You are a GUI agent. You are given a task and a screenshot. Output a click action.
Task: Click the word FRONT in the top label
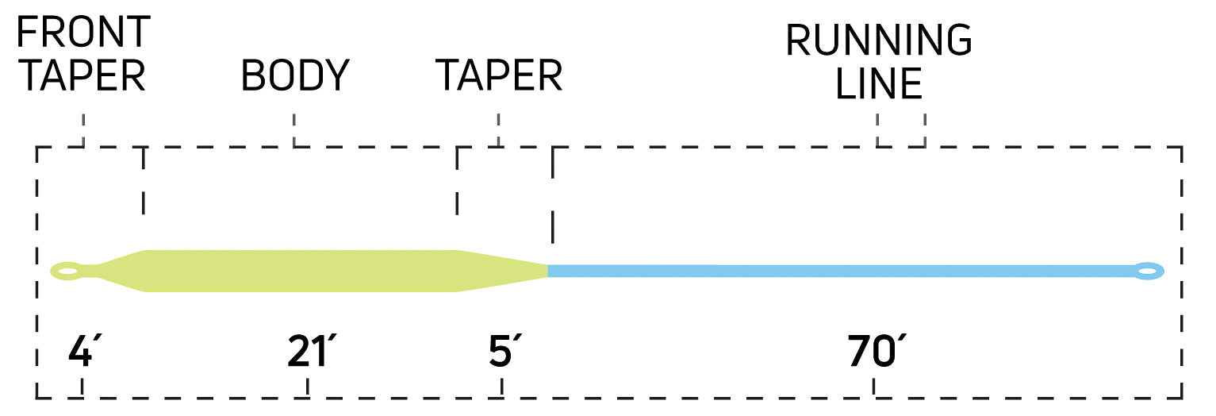coord(83,33)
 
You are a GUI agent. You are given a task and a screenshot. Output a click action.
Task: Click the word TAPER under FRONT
coord(82,76)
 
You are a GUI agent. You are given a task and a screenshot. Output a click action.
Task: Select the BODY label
coord(295,76)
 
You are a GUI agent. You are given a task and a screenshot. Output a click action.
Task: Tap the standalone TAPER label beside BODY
coord(499,76)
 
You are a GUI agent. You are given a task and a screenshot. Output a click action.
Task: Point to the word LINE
coord(879,83)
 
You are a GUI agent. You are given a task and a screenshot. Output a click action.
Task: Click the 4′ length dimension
coord(82,352)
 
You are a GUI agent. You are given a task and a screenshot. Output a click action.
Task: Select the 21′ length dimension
coord(308,352)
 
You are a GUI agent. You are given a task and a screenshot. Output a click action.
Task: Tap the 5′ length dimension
coord(501,352)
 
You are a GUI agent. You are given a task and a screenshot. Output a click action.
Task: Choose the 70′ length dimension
coord(874,352)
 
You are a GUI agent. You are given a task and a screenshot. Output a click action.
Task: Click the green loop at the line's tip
coord(67,272)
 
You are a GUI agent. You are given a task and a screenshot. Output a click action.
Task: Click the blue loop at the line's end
coord(1147,272)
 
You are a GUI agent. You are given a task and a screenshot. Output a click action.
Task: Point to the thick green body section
coord(301,271)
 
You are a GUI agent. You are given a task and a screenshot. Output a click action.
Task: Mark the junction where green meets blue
coord(548,271)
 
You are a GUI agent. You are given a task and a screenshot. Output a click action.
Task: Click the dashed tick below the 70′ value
coord(874,387)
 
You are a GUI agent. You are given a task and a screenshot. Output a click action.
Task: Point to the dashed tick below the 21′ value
coord(308,387)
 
